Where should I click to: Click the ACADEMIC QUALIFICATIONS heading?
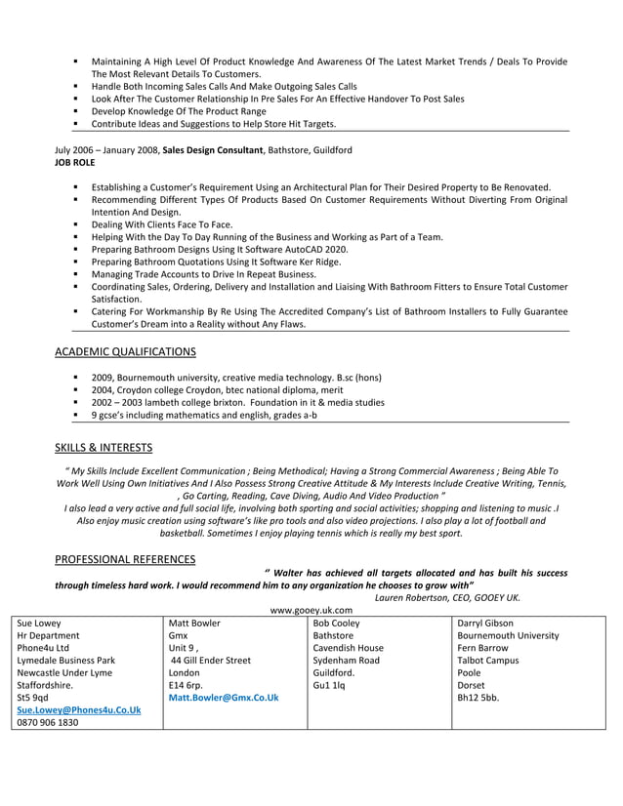[125, 351]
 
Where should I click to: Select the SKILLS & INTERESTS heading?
[104, 448]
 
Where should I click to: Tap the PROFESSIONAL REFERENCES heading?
[125, 559]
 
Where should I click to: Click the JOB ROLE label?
[75, 163]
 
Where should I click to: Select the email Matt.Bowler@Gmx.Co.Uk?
[224, 698]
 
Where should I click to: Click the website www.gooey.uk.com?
[311, 610]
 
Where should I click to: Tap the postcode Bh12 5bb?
[478, 698]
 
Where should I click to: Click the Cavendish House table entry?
[348, 648]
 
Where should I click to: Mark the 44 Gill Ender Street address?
[212, 661]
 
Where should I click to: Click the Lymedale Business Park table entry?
[66, 661]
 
